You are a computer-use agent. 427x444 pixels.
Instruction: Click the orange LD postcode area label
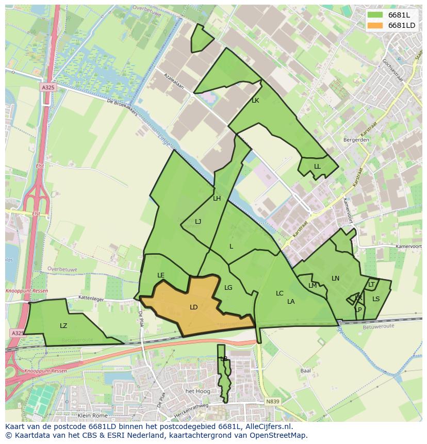click(x=193, y=307)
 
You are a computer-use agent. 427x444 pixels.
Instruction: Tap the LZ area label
click(x=63, y=326)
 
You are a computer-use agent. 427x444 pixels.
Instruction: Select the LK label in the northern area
click(x=255, y=101)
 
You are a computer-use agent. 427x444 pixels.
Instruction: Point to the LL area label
click(x=317, y=167)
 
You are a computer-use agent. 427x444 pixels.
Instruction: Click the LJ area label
click(x=198, y=222)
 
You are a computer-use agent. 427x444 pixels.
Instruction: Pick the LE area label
click(x=161, y=275)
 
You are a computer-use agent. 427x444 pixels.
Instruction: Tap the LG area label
click(x=228, y=288)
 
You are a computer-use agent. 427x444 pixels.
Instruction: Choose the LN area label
click(x=336, y=278)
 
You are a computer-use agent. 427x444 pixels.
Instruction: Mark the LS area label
click(x=376, y=299)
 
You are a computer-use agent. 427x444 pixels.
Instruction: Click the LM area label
click(x=313, y=286)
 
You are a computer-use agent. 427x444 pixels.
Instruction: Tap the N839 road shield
click(x=272, y=401)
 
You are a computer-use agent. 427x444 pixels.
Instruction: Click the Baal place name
click(x=305, y=370)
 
